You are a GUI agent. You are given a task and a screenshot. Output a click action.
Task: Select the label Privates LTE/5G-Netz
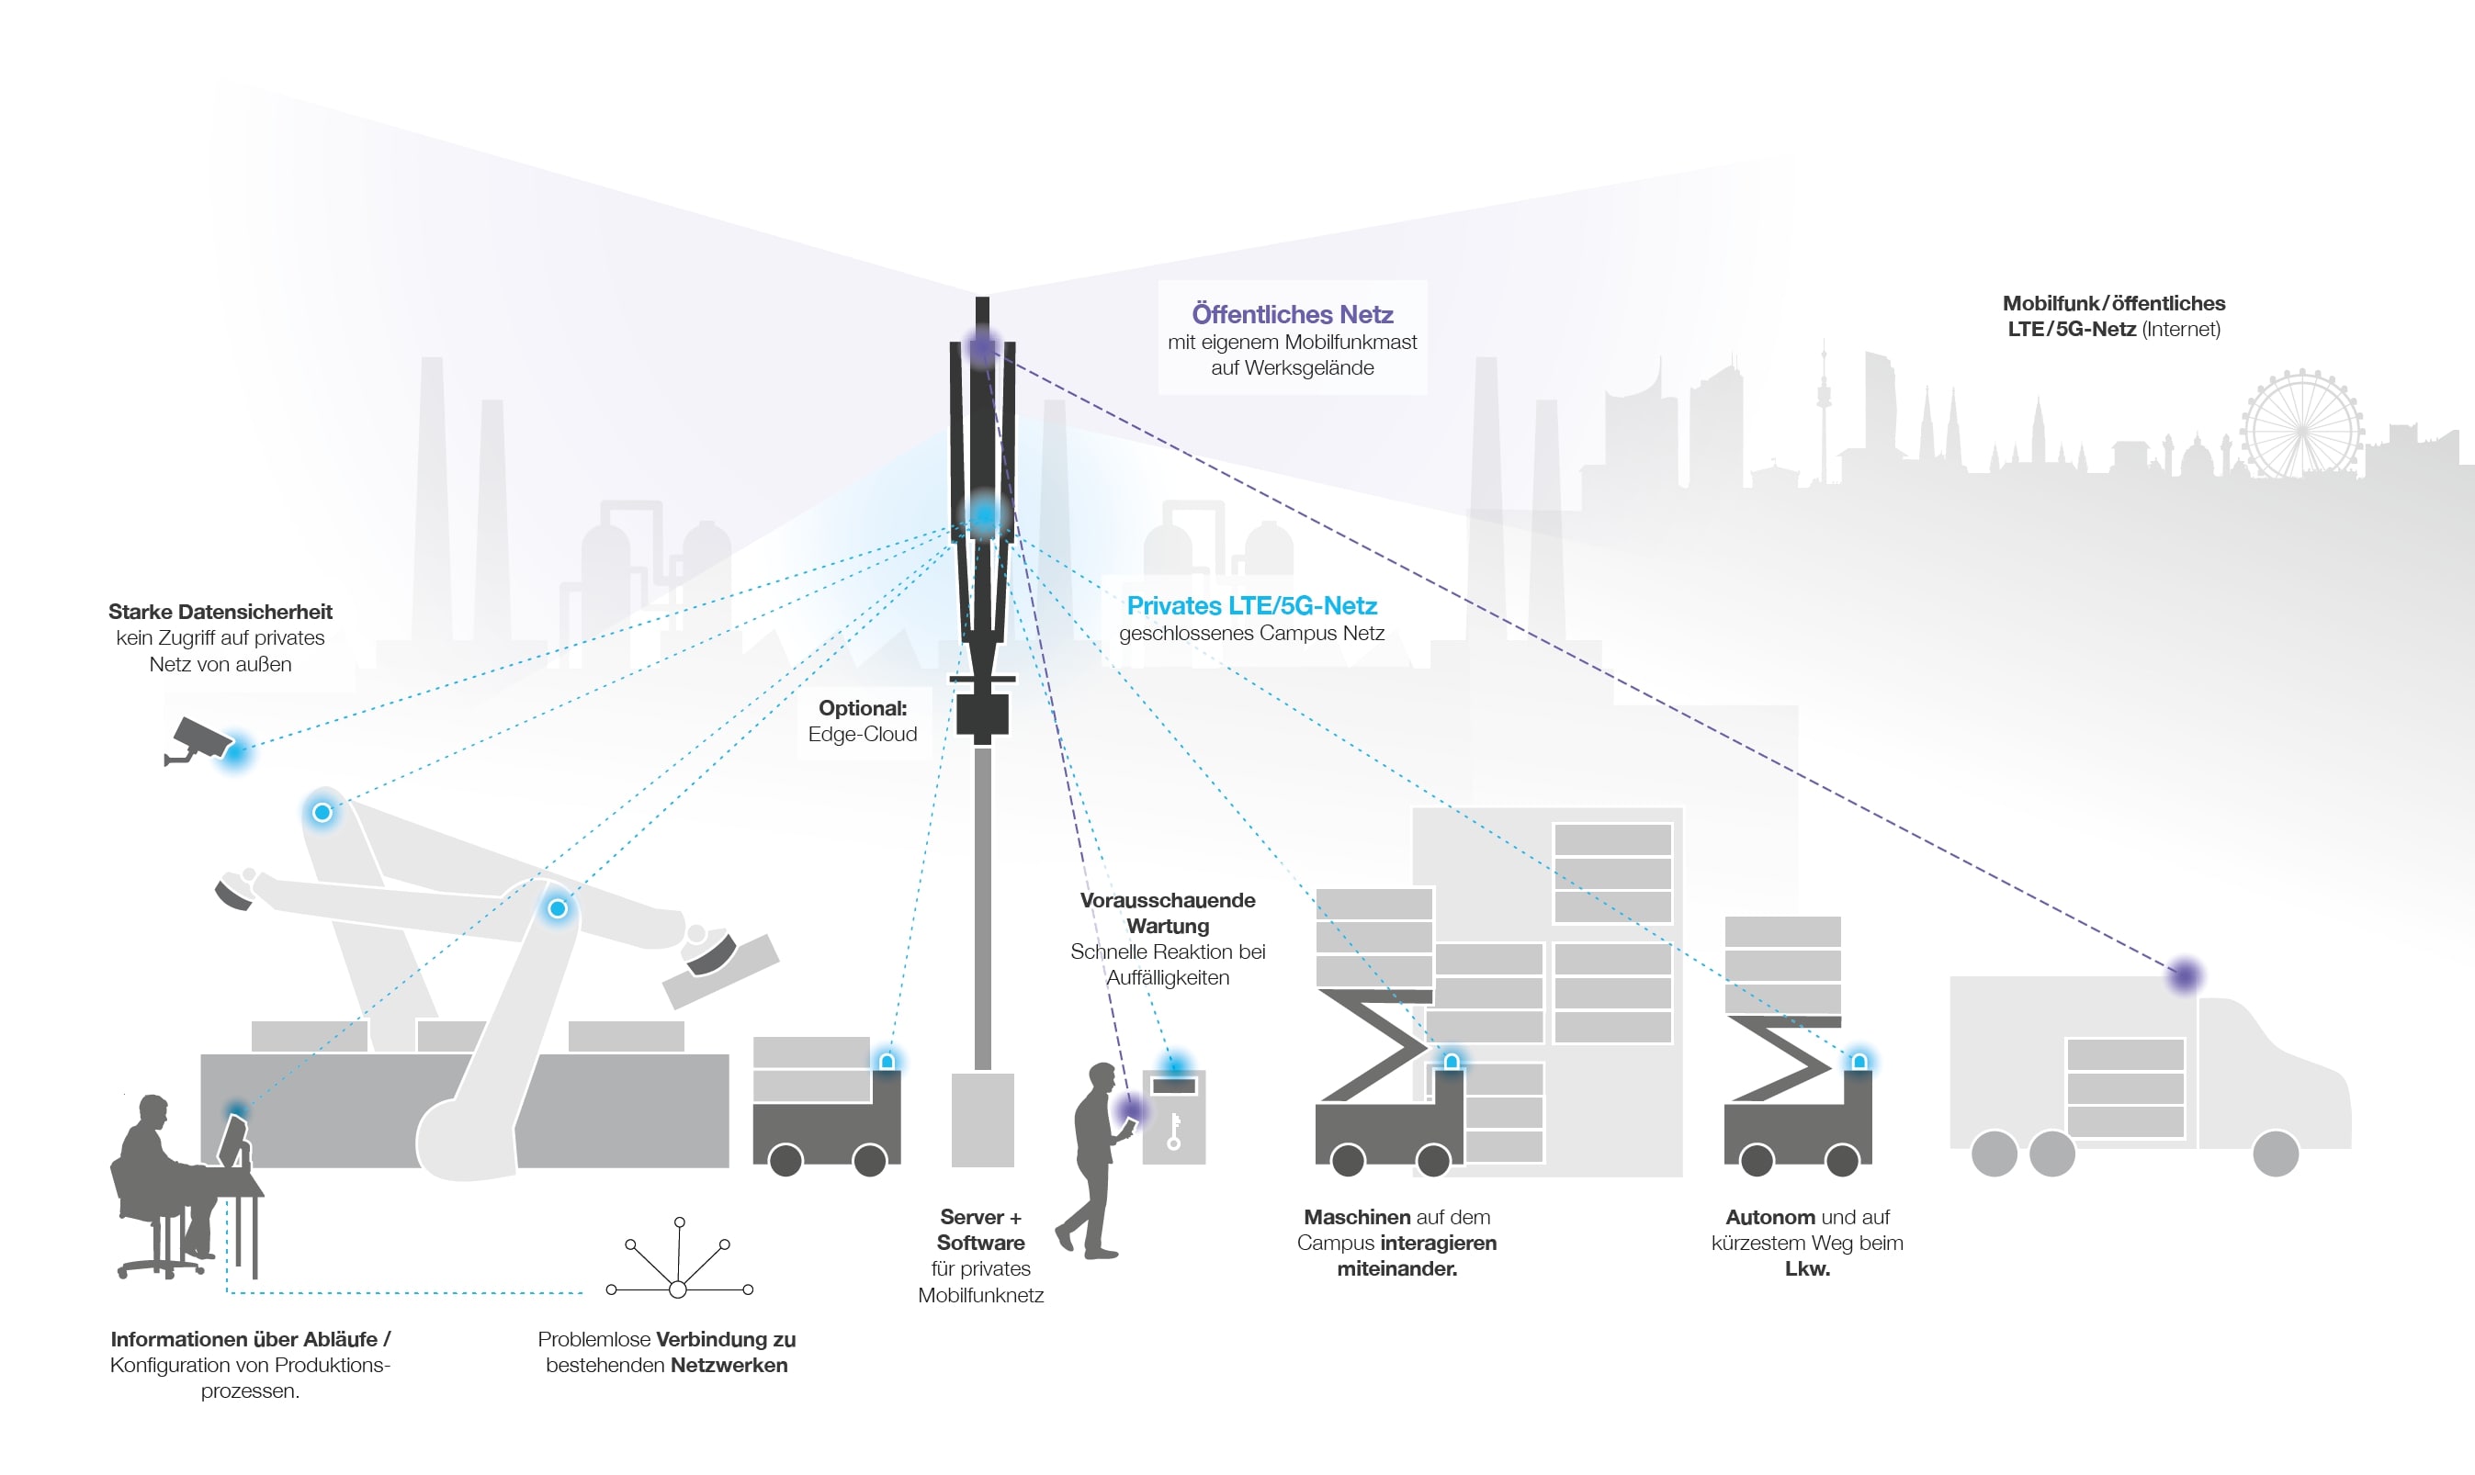(1251, 605)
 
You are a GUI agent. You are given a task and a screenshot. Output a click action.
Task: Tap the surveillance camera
(198, 741)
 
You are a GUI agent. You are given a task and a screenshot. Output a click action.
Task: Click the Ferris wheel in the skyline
(2301, 424)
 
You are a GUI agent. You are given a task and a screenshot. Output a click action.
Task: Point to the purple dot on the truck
(2184, 975)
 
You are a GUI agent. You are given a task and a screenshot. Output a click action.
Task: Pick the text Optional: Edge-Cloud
(862, 721)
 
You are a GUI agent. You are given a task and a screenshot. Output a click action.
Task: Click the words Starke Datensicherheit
(220, 612)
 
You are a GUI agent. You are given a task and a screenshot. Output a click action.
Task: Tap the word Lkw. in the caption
(1806, 1268)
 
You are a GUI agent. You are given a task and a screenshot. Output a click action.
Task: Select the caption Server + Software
(980, 1230)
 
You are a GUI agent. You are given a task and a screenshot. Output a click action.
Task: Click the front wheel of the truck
(2276, 1153)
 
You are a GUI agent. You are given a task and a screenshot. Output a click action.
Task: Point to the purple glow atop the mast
(982, 347)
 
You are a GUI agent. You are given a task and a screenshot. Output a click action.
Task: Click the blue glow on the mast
(984, 515)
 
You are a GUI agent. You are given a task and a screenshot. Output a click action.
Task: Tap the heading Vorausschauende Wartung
(1167, 912)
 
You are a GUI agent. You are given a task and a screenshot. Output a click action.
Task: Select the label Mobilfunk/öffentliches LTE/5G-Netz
(2113, 316)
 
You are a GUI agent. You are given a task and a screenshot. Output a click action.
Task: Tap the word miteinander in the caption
(1396, 1268)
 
